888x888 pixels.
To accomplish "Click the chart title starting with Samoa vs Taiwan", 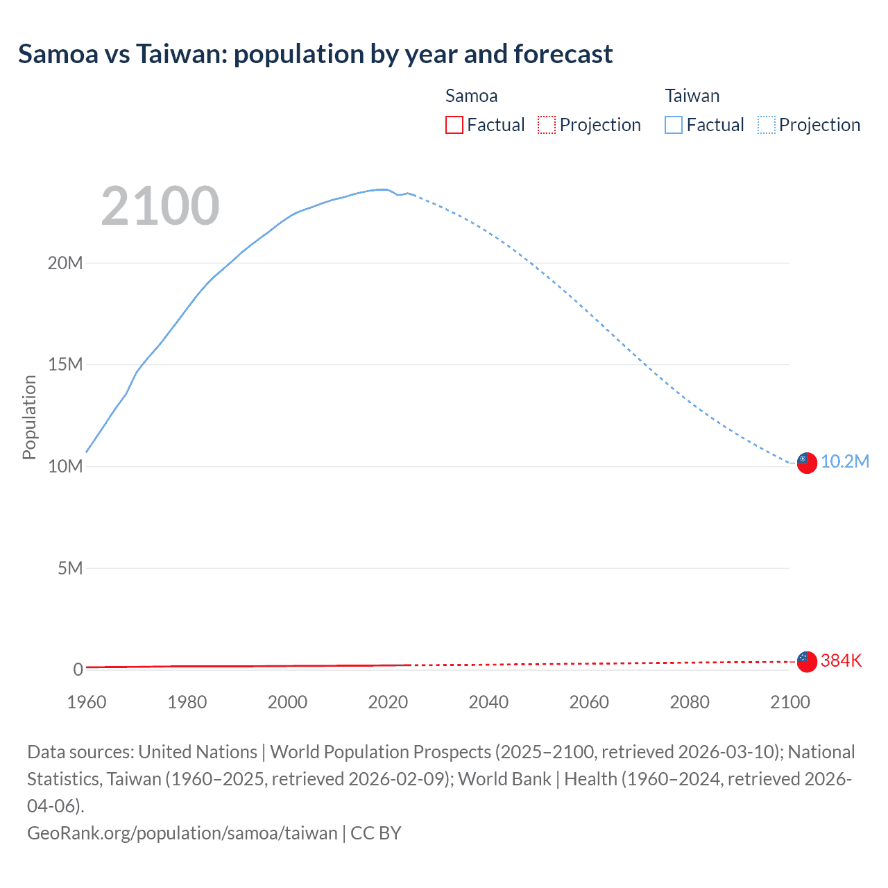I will [x=315, y=54].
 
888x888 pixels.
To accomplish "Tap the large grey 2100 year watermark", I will [x=160, y=206].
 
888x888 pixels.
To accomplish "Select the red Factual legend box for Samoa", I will [x=454, y=125].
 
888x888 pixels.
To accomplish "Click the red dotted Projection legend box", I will [x=547, y=125].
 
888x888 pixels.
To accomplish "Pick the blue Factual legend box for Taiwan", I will [x=674, y=125].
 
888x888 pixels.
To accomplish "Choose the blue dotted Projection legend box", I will [x=767, y=125].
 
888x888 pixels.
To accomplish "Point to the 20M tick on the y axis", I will [x=65, y=263].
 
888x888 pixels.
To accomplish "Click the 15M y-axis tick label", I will [x=65, y=364].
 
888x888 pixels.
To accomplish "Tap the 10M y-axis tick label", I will [x=65, y=466].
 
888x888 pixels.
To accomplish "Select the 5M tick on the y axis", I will [x=70, y=568].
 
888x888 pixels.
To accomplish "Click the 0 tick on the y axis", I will [x=78, y=669].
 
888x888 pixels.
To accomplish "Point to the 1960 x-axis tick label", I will [x=87, y=702].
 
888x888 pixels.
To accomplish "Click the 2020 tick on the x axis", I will [x=388, y=702].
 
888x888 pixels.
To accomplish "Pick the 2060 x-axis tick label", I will [x=589, y=702].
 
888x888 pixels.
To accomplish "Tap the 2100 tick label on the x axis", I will [x=790, y=702].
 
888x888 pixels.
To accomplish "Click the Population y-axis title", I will [x=29, y=417].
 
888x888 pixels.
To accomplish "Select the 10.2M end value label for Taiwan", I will [x=845, y=462].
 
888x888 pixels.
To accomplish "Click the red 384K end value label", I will [x=841, y=661].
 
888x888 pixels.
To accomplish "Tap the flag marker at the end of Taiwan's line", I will [x=807, y=463].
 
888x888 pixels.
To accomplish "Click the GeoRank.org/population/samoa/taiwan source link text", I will [x=182, y=832].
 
